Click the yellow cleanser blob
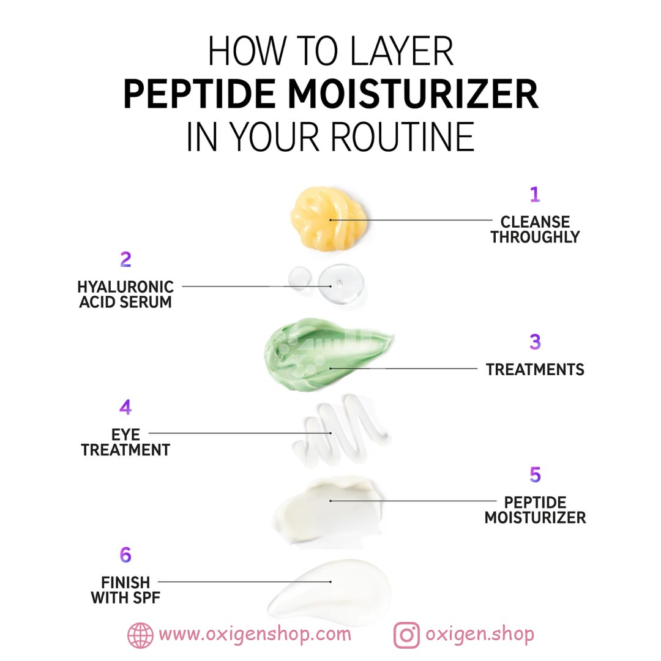tap(328, 218)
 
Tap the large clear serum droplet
tap(341, 283)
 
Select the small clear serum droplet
tap(300, 278)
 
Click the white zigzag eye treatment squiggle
tap(342, 430)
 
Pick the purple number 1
tap(535, 195)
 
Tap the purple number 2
tap(125, 260)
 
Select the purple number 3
tap(535, 342)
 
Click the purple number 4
tap(125, 407)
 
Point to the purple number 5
tap(536, 475)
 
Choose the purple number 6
tap(125, 555)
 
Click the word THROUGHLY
tap(535, 237)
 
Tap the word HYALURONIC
tap(125, 286)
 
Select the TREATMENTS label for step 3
tap(535, 369)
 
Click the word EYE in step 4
tap(125, 435)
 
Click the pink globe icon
tap(140, 635)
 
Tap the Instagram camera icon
tap(406, 635)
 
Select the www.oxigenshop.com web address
tap(255, 634)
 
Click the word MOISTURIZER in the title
tap(413, 94)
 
